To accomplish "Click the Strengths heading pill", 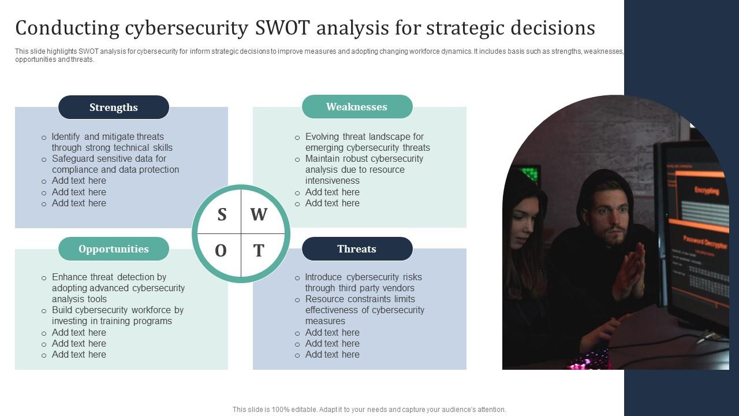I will pyautogui.click(x=114, y=107).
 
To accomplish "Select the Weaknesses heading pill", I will pyautogui.click(x=357, y=107).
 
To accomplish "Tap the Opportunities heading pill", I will pyautogui.click(x=114, y=249).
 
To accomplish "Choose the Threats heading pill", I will pyautogui.click(x=357, y=249).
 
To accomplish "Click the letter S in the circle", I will pyautogui.click(x=222, y=215).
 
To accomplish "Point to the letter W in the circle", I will pyautogui.click(x=259, y=215).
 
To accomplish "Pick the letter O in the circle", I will pyautogui.click(x=221, y=251).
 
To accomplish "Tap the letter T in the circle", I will pyautogui.click(x=259, y=251).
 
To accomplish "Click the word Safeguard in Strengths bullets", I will pyautogui.click(x=72, y=159).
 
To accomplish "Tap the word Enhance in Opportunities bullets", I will pyautogui.click(x=70, y=277).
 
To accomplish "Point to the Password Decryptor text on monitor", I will pyautogui.click(x=705, y=242).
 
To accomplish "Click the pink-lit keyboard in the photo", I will pyautogui.click(x=589, y=362).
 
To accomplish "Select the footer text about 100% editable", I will pyautogui.click(x=369, y=410).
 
